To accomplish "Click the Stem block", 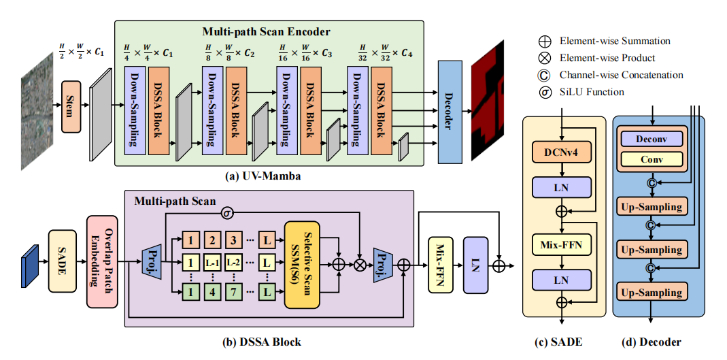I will coord(71,105).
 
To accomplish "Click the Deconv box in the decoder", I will coord(650,139).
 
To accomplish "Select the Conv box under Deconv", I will coord(650,159).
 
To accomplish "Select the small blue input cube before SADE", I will coord(29,261).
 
